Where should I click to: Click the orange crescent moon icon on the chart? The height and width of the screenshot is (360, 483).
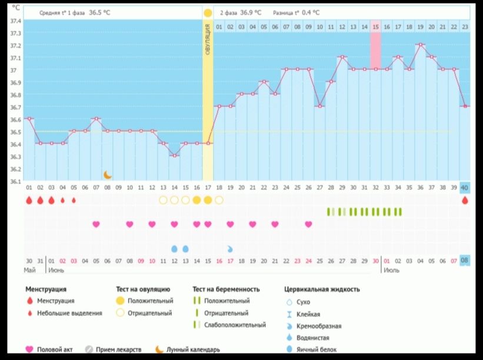(x=108, y=175)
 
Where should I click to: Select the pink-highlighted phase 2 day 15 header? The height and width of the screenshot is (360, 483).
(x=375, y=26)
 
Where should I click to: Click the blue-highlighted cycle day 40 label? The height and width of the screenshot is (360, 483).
(x=465, y=188)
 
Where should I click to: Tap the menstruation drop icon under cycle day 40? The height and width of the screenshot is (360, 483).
(x=465, y=201)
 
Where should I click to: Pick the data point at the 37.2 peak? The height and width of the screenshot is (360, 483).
(x=420, y=45)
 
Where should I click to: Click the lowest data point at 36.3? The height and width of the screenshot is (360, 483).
(x=174, y=156)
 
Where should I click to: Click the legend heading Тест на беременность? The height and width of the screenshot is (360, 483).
(x=226, y=289)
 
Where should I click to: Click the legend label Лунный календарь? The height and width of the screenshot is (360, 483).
(x=194, y=349)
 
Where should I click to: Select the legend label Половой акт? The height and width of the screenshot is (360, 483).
(x=55, y=349)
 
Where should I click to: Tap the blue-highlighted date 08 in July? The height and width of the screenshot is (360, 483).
(x=465, y=261)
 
